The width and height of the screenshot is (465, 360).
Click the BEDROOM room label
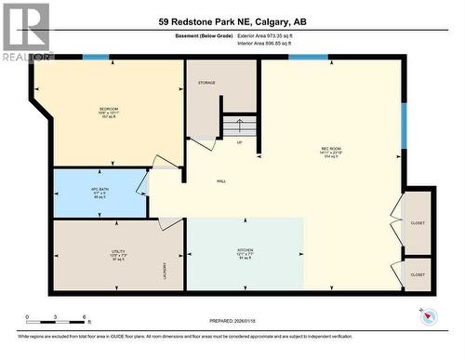click(109, 109)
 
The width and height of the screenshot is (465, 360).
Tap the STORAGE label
click(206, 83)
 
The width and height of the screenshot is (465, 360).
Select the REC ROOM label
click(330, 149)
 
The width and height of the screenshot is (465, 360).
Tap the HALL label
click(221, 181)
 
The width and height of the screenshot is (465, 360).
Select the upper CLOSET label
click(418, 223)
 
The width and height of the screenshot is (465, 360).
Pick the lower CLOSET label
click(418, 274)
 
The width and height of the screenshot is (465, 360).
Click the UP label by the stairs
click(240, 142)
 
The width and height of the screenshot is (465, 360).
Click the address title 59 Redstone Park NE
click(232, 22)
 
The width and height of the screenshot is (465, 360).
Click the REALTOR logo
click(25, 31)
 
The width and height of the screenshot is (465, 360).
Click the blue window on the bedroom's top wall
click(96, 58)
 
